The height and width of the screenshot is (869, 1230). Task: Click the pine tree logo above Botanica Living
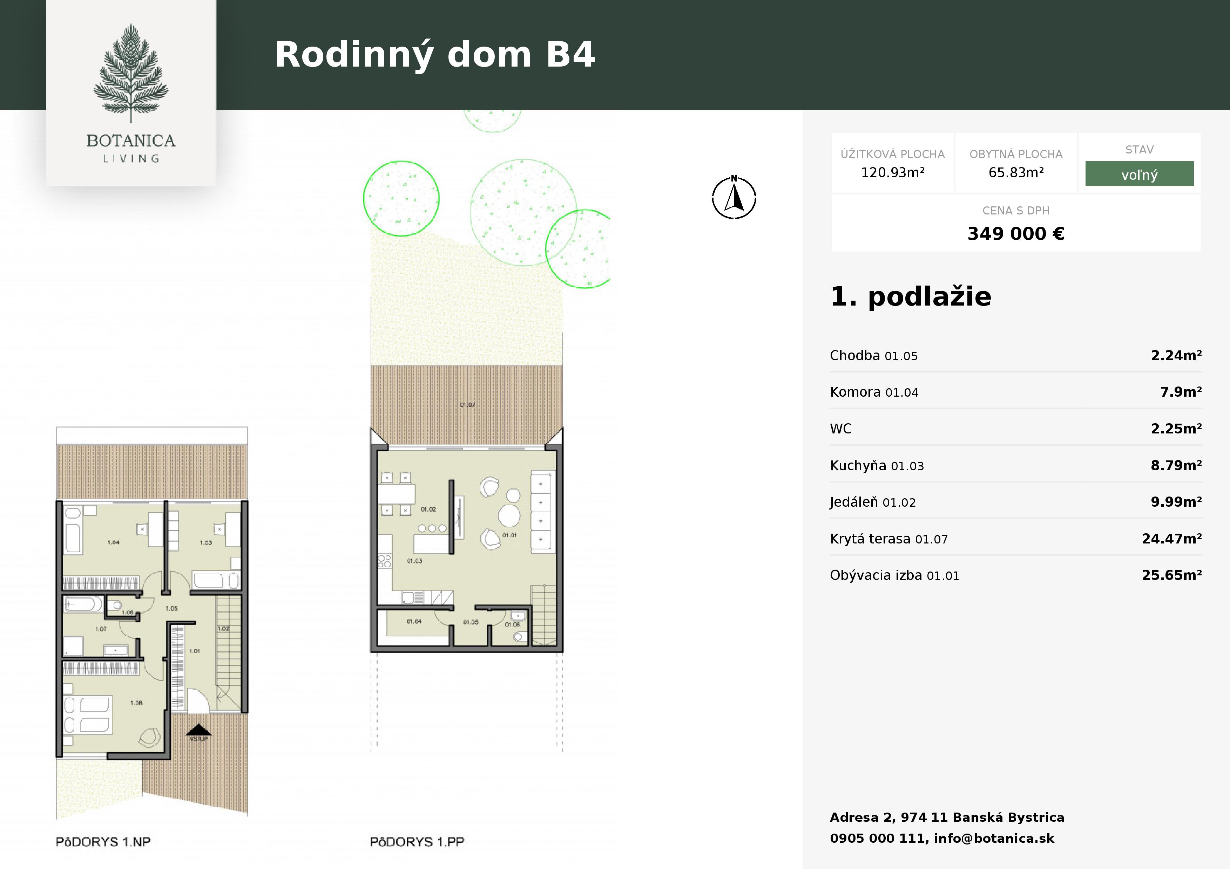click(x=131, y=73)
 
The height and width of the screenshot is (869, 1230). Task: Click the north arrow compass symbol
click(x=734, y=198)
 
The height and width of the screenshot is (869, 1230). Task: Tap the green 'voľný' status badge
click(x=1139, y=174)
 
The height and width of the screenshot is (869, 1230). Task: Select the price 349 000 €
click(x=1016, y=233)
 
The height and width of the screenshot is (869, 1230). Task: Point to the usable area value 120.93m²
click(x=892, y=172)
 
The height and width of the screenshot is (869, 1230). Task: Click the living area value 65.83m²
click(x=1016, y=172)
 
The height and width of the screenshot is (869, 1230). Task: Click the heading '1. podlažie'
click(x=911, y=297)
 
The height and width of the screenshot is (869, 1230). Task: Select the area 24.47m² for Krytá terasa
click(x=1171, y=539)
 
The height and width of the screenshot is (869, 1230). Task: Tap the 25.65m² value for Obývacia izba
click(x=1171, y=575)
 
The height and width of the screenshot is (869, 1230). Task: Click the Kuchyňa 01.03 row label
click(x=877, y=465)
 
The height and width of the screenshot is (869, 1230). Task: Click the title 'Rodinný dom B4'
click(x=434, y=55)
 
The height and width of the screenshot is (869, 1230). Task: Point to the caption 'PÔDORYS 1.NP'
click(x=103, y=842)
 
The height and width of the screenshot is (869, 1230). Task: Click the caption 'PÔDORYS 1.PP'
click(x=417, y=842)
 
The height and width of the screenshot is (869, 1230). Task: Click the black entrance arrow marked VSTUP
click(x=199, y=730)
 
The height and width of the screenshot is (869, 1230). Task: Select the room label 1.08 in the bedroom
click(x=136, y=703)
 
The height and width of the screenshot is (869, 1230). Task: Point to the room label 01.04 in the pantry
click(x=414, y=622)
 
